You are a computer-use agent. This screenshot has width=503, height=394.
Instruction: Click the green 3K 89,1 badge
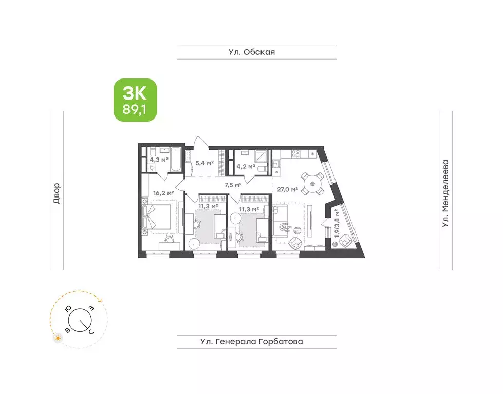pos(135,100)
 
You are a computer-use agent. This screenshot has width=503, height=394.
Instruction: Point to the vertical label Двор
pos(57,193)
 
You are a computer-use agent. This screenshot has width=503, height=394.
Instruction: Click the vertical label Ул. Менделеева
pos(445,193)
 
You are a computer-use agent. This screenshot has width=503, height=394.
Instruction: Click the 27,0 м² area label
pos(288,189)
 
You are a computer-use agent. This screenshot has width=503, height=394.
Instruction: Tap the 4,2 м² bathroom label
pos(245,166)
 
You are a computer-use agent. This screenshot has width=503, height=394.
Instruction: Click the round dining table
pos(312,183)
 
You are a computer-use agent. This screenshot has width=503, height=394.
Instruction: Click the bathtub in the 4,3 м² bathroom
pos(176,160)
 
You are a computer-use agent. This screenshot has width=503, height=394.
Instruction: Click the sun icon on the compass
pos(58,338)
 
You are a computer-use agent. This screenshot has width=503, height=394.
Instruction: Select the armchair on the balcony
pos(346,240)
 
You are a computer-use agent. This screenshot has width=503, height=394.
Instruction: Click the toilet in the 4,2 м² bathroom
pos(260,169)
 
